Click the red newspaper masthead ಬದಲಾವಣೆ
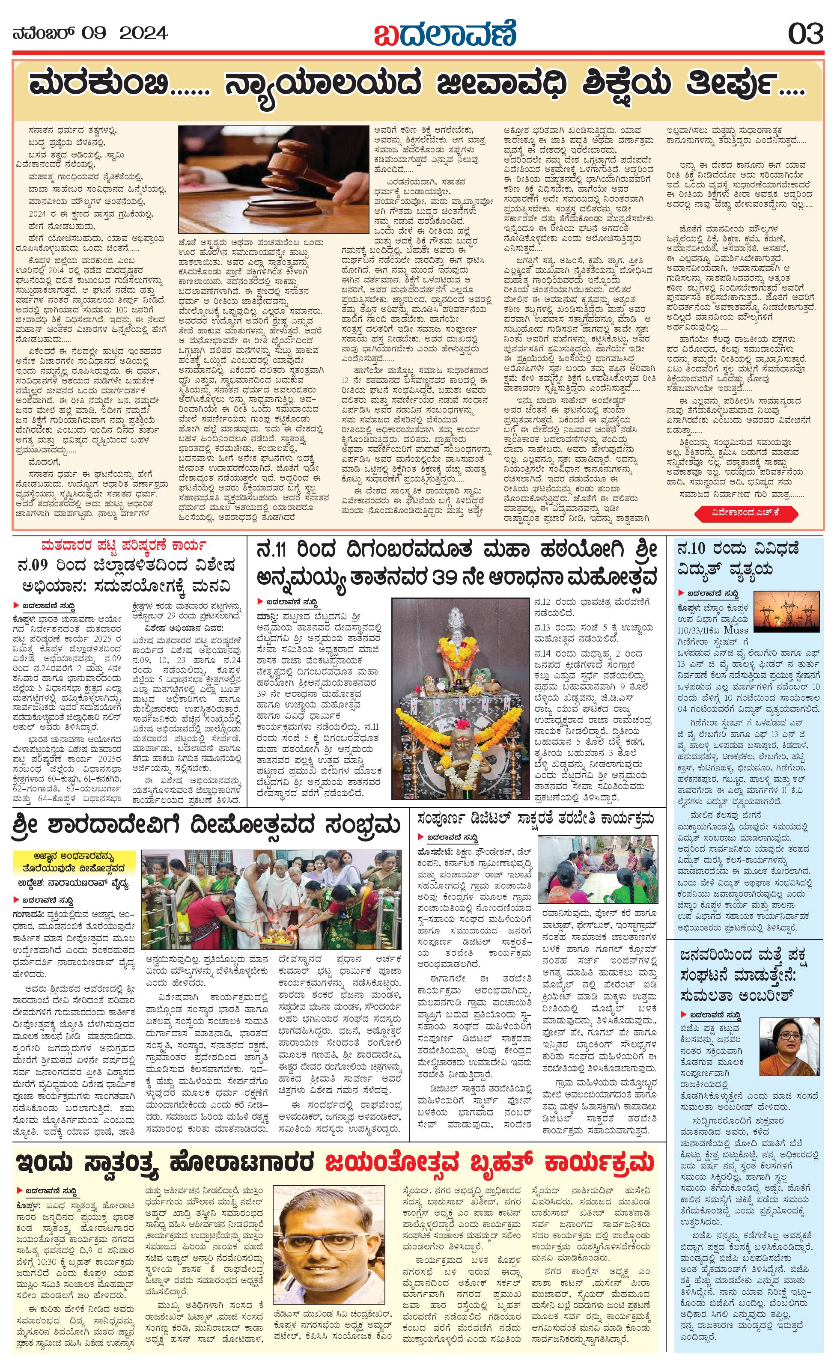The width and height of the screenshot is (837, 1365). click(x=445, y=34)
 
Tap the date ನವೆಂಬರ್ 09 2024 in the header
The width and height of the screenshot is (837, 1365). click(x=90, y=34)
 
